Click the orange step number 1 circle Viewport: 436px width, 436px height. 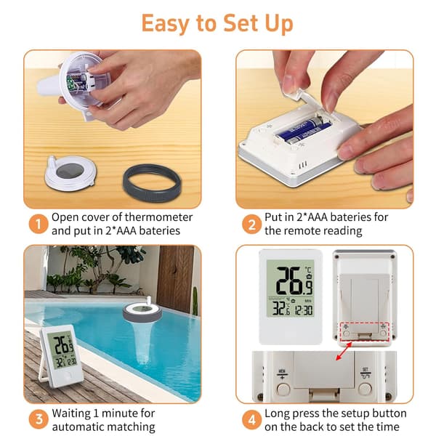pyautogui.click(x=39, y=224)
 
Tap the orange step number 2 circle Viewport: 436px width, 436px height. pyautogui.click(x=251, y=224)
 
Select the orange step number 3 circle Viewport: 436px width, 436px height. pyautogui.click(x=39, y=419)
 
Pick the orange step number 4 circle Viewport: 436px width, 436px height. pyautogui.click(x=251, y=419)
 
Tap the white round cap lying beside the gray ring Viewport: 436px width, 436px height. pyautogui.click(x=71, y=172)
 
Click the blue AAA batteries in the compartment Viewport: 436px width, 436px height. pyautogui.click(x=304, y=131)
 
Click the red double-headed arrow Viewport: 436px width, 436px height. pyautogui.click(x=344, y=351)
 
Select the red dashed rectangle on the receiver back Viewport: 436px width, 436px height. pyautogui.click(x=365, y=332)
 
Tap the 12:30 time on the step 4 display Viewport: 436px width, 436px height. pyautogui.click(x=304, y=310)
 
